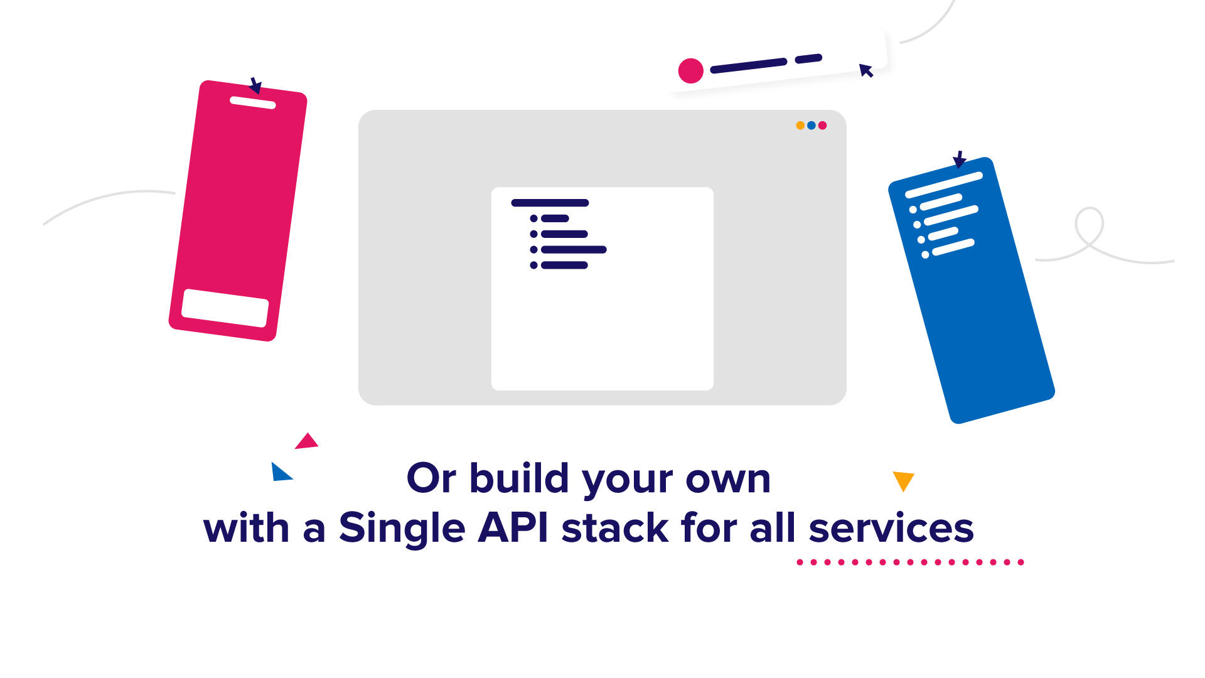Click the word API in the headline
(513, 527)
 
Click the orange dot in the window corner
(800, 126)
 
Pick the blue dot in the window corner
(811, 126)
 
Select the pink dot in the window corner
(822, 126)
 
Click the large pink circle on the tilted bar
(691, 71)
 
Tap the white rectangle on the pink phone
(225, 308)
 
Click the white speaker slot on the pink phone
(253, 102)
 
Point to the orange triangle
(903, 481)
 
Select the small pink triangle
(307, 441)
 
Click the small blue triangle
(280, 472)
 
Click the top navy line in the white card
(550, 203)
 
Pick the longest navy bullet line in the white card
(574, 250)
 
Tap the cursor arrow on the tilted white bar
(866, 70)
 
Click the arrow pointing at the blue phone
(959, 159)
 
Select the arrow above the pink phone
(255, 85)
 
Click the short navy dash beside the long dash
(808, 59)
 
